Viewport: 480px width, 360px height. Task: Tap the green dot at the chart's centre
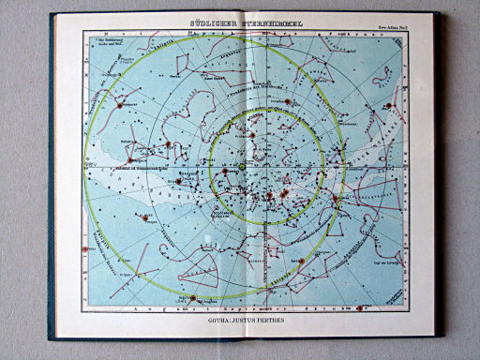click(242, 166)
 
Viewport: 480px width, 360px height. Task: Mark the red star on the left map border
click(85, 249)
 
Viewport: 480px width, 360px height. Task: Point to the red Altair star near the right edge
click(389, 106)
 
